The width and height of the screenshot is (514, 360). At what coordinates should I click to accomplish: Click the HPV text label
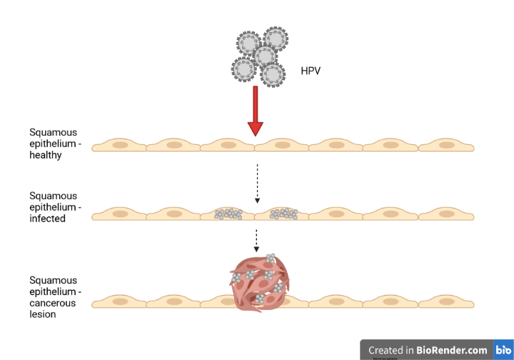click(311, 71)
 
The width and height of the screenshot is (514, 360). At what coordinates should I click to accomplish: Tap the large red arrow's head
click(256, 129)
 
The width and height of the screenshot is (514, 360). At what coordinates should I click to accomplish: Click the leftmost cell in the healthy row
click(119, 145)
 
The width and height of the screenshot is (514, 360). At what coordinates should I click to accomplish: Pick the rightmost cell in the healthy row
click(446, 145)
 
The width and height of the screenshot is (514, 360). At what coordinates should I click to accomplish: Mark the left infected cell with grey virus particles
click(228, 213)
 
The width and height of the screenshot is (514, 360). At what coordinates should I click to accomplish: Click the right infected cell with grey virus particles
click(283, 213)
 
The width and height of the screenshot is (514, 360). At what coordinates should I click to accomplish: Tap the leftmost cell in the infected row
click(119, 213)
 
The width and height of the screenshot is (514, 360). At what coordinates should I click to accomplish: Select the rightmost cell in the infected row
click(446, 213)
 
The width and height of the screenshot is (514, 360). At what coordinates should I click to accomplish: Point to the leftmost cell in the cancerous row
click(119, 301)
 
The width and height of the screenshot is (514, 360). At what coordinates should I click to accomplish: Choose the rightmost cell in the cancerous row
click(446, 301)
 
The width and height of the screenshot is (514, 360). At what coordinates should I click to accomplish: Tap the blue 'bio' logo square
click(503, 350)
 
